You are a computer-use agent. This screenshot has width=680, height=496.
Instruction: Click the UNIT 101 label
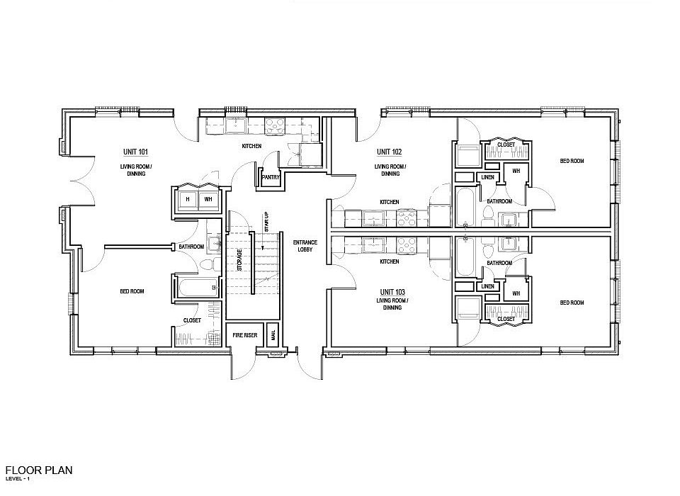point(135,152)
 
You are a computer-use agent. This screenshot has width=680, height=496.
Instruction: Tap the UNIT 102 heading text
point(389,152)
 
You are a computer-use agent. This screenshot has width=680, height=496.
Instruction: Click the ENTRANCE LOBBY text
point(305,246)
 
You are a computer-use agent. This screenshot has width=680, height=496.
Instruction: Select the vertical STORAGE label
point(239,259)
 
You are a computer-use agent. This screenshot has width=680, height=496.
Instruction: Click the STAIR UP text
point(267,222)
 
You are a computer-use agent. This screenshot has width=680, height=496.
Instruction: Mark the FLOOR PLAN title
point(38,470)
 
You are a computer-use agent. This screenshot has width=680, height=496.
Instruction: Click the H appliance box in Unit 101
point(188,199)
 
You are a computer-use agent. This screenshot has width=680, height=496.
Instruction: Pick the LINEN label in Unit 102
point(487,177)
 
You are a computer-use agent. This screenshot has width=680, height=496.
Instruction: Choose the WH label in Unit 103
point(516,293)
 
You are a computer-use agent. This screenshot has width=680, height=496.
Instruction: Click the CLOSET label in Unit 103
point(506,320)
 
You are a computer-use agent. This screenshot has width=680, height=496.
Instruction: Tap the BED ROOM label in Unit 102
point(572,162)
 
